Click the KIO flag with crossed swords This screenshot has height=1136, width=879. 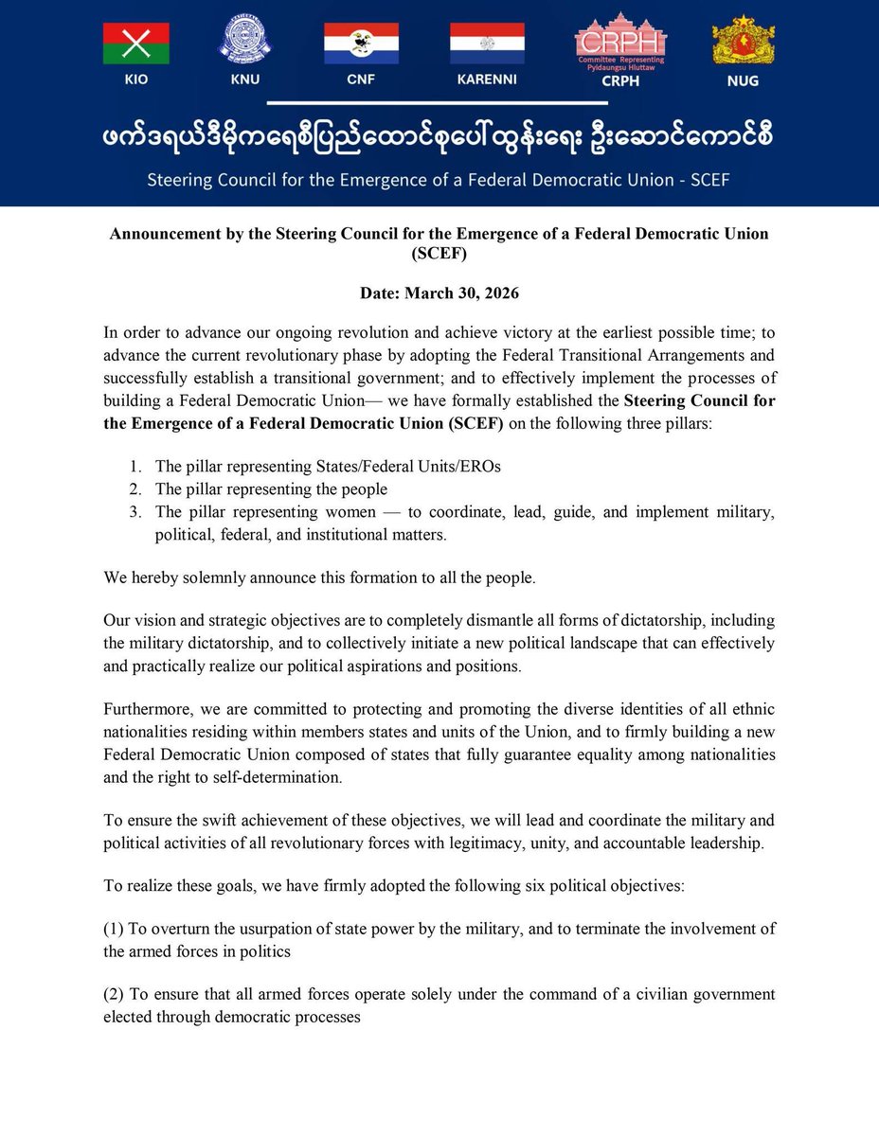(x=136, y=44)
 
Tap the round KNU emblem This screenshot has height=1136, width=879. (x=245, y=40)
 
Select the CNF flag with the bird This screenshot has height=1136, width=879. (x=361, y=44)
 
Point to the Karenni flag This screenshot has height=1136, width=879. (x=487, y=44)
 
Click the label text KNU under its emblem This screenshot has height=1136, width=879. (x=245, y=80)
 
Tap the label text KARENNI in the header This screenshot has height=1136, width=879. (x=487, y=80)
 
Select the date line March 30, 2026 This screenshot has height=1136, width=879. (x=439, y=293)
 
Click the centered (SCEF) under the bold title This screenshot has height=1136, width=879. (x=439, y=254)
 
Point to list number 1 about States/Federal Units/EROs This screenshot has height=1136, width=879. (x=136, y=466)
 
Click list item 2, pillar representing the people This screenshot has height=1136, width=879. (x=271, y=489)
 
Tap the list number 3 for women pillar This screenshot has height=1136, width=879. (x=136, y=512)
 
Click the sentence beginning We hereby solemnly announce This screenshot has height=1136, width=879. (x=319, y=577)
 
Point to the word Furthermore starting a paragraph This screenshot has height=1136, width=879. (x=143, y=710)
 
